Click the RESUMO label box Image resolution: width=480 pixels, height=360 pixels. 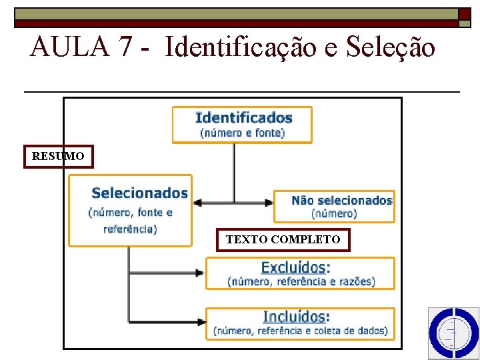(x=58, y=157)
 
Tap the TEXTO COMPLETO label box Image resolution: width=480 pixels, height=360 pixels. (x=283, y=239)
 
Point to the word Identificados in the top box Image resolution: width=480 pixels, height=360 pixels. (x=243, y=118)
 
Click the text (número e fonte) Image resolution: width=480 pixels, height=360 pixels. (x=243, y=133)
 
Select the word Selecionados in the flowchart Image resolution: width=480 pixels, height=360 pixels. (x=139, y=193)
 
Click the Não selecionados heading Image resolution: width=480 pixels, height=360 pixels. (x=342, y=200)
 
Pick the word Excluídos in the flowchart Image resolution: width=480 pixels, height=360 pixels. (x=295, y=267)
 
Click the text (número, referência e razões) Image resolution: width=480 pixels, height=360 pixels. (x=301, y=282)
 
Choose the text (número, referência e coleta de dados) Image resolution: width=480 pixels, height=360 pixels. (x=300, y=331)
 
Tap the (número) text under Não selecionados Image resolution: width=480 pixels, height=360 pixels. (x=334, y=214)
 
